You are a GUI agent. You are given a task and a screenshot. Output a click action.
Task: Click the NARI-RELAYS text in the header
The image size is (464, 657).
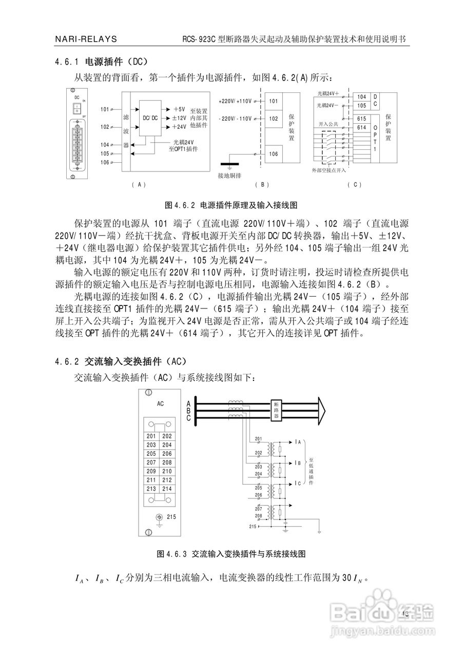85,39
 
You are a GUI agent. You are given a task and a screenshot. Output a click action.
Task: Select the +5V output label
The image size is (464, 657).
179,109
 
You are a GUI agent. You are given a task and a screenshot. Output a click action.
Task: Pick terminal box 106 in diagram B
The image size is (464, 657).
274,153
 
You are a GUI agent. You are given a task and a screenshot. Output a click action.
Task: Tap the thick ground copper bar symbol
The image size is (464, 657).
229,165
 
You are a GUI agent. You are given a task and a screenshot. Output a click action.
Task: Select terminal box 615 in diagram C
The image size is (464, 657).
361,119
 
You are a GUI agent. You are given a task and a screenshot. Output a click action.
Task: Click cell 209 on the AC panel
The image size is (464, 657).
151,471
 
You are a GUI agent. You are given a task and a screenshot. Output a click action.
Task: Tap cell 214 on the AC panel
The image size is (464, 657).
167,489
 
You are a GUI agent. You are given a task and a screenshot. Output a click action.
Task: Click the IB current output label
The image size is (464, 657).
298,462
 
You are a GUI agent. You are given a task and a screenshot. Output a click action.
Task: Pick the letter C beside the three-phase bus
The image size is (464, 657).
189,419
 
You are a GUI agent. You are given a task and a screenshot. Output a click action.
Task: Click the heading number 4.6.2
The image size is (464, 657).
66,360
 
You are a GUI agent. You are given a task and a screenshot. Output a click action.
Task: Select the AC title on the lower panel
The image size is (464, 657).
160,404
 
